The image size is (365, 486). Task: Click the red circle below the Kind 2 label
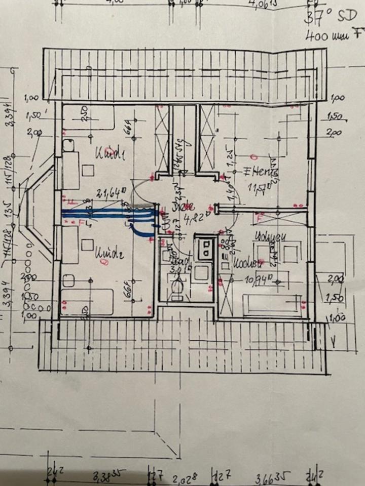[104, 262]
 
